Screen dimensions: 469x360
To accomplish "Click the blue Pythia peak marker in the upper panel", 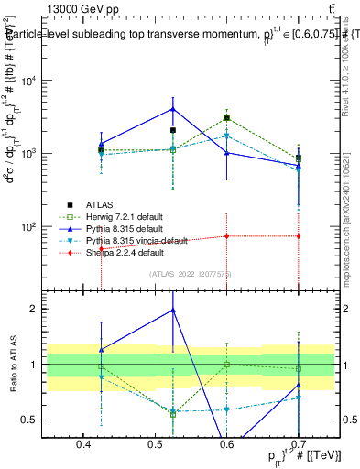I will click(x=172, y=109).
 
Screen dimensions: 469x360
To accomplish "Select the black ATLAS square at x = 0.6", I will click(x=226, y=118).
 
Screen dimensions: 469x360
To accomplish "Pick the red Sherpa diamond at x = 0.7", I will click(x=298, y=236).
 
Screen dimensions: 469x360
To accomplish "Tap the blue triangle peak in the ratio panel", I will click(x=172, y=311).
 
